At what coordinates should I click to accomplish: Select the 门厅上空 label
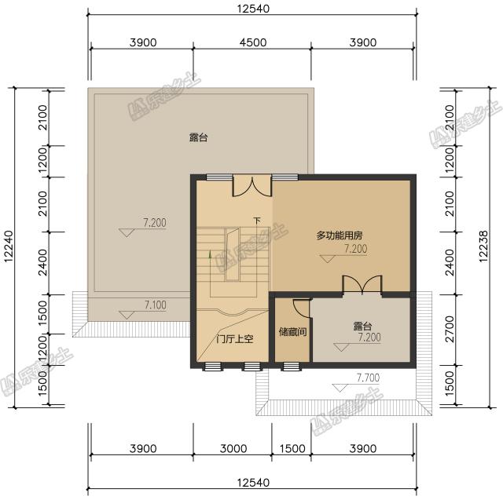[x=233, y=340]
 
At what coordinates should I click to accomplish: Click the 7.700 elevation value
[x=368, y=378]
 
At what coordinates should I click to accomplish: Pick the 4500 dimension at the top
[x=252, y=42]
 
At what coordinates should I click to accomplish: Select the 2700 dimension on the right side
[x=449, y=330]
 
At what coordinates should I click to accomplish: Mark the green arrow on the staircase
[x=209, y=254]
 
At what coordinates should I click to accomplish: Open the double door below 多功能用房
[x=362, y=284]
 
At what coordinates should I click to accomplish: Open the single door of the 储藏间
[x=301, y=308]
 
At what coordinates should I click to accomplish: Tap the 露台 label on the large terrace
[x=199, y=137]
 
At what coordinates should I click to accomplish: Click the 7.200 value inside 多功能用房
[x=355, y=249]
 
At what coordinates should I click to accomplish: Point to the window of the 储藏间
[x=292, y=366]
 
